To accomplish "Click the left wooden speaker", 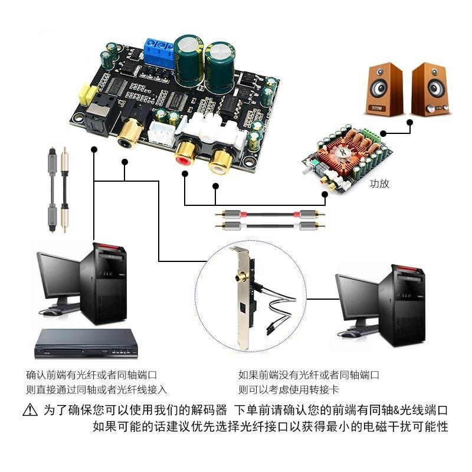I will click(x=384, y=88).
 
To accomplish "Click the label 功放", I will click(x=379, y=183).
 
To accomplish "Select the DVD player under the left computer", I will click(x=86, y=343).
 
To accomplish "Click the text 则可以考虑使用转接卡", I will click(x=289, y=389).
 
